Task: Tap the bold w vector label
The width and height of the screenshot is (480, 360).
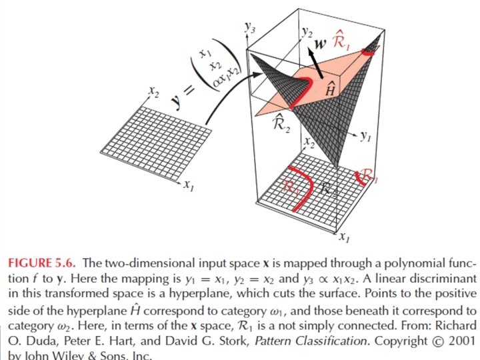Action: pyautogui.click(x=320, y=45)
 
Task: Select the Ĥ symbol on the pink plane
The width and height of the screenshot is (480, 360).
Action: pyautogui.click(x=329, y=91)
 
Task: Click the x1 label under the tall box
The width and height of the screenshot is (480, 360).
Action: pyautogui.click(x=343, y=236)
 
